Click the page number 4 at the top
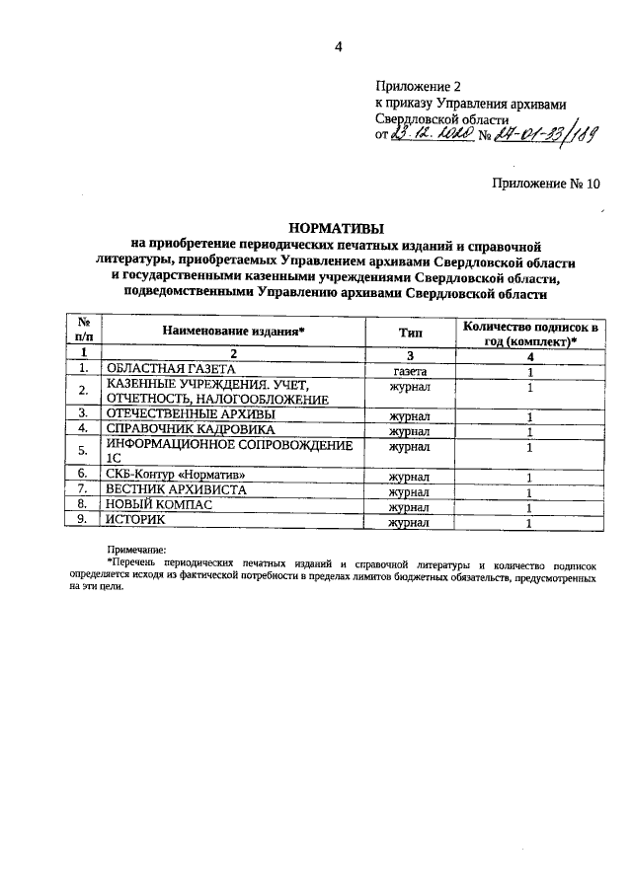(337, 46)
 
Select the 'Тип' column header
(410, 334)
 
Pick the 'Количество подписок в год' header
(531, 333)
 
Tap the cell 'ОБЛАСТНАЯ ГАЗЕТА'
(172, 371)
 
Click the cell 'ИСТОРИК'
(138, 521)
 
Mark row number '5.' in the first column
(85, 453)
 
